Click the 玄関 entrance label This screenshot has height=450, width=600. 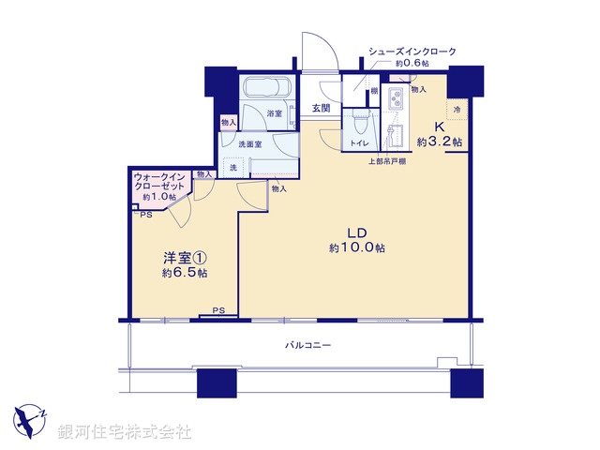(x=321, y=109)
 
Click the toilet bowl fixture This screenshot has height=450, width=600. (x=359, y=124)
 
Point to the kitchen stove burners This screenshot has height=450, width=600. (x=396, y=95)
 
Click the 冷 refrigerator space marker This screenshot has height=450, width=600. (x=457, y=110)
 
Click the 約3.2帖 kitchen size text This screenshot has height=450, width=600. (x=439, y=142)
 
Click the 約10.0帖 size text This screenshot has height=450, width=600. (x=356, y=248)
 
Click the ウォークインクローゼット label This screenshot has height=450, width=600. (x=158, y=181)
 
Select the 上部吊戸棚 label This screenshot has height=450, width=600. (x=385, y=161)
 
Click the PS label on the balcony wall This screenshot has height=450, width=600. (x=217, y=310)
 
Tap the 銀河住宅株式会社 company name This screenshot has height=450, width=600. (x=125, y=431)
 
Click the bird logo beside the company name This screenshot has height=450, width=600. (x=31, y=420)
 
